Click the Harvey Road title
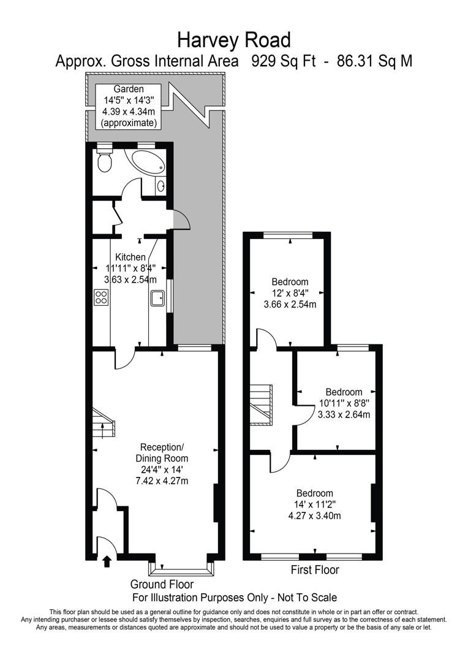point(233,40)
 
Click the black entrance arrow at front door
point(107,560)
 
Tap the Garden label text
point(129,89)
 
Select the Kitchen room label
point(130,257)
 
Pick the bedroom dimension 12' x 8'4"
point(290,293)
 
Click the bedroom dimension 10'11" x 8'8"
point(344,403)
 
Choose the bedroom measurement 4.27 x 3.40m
point(314,516)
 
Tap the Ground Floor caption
point(162,584)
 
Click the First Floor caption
point(314,570)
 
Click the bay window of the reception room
point(183,568)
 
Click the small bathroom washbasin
point(160,186)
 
